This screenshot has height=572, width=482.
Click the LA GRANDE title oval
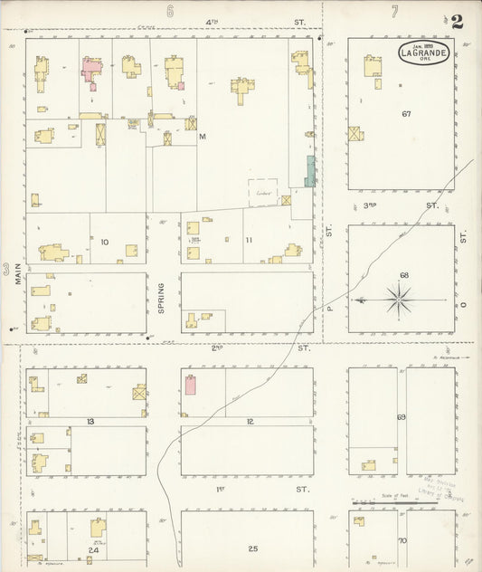coord(422,52)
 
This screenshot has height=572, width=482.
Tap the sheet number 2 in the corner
coord(458,22)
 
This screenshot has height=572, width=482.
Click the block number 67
coord(407,114)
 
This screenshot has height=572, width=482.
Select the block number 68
coord(404,275)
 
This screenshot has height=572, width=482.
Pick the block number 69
coord(402,417)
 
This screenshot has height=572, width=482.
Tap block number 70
coord(402,541)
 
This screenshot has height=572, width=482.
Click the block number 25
coord(253,548)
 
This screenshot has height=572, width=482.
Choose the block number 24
coord(92,550)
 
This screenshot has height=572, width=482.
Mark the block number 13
coord(90,422)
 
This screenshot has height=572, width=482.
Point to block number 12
coord(250,422)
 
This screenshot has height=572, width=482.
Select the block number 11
coord(249,242)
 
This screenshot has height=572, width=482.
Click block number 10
coord(105,242)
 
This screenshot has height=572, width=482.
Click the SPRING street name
coord(162,298)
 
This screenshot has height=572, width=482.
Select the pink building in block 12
coord(191,385)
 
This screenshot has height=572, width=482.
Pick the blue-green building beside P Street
coord(310,171)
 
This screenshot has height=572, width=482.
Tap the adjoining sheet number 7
coord(394,11)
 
